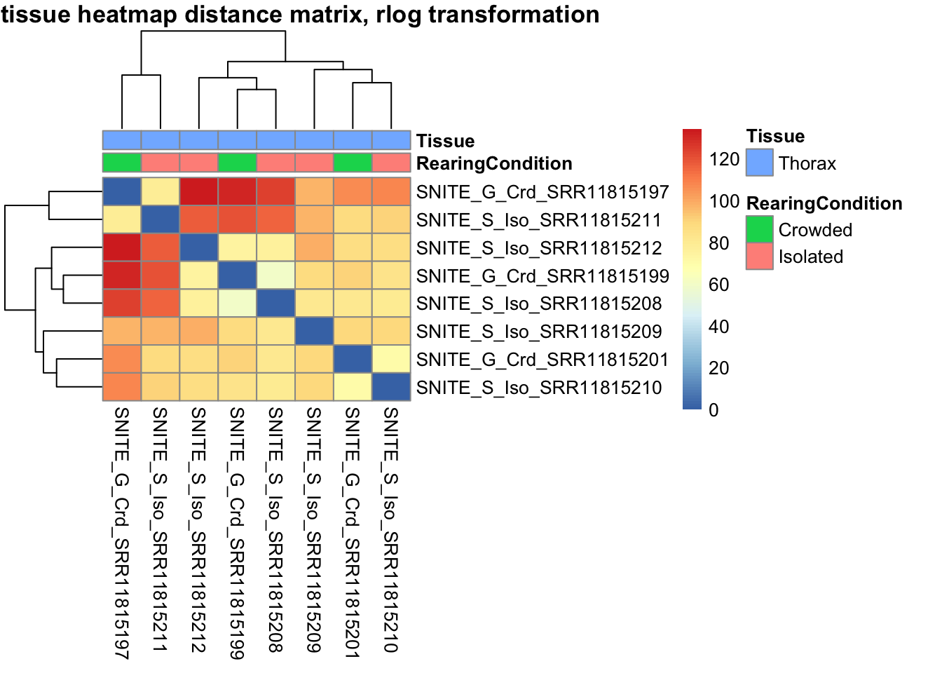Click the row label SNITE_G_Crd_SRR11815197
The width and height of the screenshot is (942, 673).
(x=542, y=192)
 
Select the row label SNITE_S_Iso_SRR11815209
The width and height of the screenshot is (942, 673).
(x=538, y=332)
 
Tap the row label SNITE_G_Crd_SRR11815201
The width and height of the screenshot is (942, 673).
(x=542, y=360)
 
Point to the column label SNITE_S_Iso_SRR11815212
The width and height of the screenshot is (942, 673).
(x=198, y=529)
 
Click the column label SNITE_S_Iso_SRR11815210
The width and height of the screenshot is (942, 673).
(x=390, y=529)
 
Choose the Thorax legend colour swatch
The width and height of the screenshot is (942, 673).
(x=759, y=163)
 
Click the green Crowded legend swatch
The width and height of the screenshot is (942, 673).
(x=759, y=229)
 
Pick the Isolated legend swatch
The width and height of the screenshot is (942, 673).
(x=759, y=256)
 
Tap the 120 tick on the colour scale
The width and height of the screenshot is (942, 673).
(x=724, y=159)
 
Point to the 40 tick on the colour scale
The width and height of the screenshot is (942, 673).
(x=719, y=327)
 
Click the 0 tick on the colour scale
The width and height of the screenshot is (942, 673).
(x=714, y=410)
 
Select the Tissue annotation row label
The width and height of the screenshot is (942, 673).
(x=445, y=141)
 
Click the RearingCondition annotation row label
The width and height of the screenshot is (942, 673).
(x=494, y=163)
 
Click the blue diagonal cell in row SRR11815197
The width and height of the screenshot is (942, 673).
(x=122, y=192)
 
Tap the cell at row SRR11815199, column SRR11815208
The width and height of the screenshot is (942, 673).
(x=275, y=276)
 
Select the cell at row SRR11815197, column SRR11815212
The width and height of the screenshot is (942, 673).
(x=199, y=192)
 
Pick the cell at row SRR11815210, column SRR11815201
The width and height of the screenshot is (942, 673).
(x=353, y=387)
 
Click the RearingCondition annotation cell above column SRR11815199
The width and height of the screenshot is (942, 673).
(x=237, y=163)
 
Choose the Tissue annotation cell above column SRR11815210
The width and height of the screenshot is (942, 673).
(x=390, y=140)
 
